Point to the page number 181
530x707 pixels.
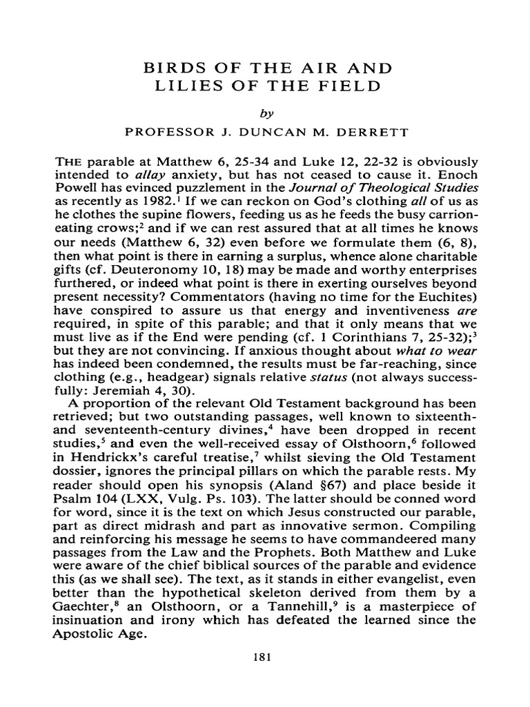[265, 657]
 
